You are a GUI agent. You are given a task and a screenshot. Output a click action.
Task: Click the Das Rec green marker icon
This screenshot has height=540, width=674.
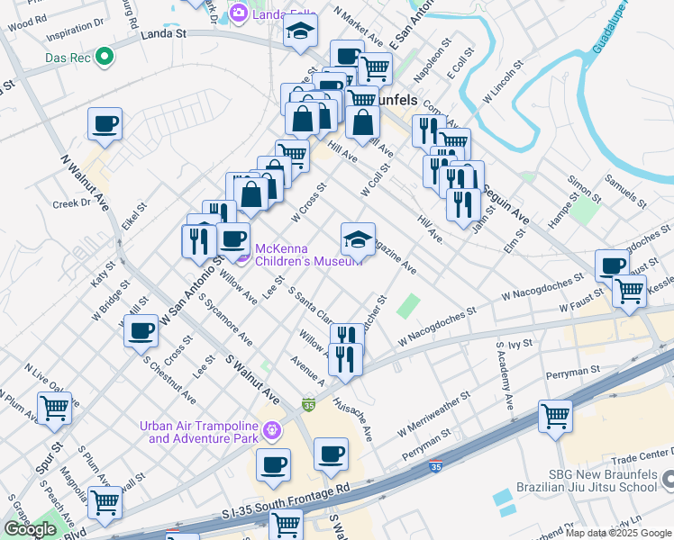click(105, 58)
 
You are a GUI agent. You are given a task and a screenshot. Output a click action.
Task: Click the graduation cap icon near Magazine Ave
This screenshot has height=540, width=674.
click(358, 240)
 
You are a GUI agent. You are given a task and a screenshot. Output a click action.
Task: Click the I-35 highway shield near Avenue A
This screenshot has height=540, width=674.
click(309, 406)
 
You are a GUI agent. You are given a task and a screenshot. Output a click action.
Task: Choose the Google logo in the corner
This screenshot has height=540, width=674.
click(30, 529)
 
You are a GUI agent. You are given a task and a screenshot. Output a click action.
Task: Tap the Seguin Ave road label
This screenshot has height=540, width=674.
click(507, 208)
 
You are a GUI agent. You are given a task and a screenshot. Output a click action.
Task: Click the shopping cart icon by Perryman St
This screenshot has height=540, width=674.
click(555, 416)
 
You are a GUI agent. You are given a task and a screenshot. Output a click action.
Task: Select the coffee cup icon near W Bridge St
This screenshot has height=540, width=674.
click(141, 331)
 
